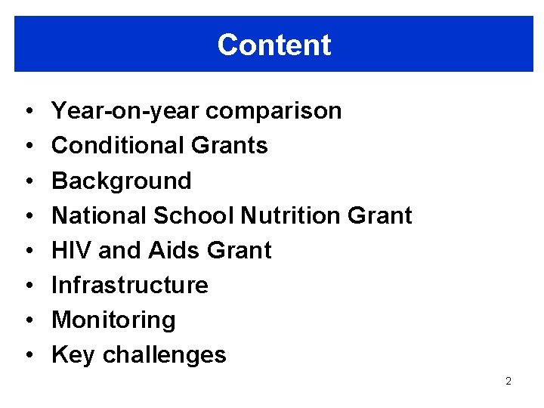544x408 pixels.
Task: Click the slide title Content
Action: tap(274, 45)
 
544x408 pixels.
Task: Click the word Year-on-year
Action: tap(125, 111)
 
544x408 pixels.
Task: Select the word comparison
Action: tap(274, 111)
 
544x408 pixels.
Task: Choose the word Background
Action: tap(121, 181)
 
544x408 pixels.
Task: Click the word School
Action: tap(193, 215)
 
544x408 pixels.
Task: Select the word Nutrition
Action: tap(290, 215)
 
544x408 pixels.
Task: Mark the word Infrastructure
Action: tap(129, 285)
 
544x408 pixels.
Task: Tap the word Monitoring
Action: tap(113, 320)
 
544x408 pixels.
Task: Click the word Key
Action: tap(73, 354)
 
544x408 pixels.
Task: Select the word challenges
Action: tap(164, 354)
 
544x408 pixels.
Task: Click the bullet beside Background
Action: tap(26, 181)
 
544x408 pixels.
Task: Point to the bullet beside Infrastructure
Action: tap(26, 286)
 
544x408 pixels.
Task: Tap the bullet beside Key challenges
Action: tap(26, 355)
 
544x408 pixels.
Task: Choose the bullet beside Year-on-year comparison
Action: tap(26, 112)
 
